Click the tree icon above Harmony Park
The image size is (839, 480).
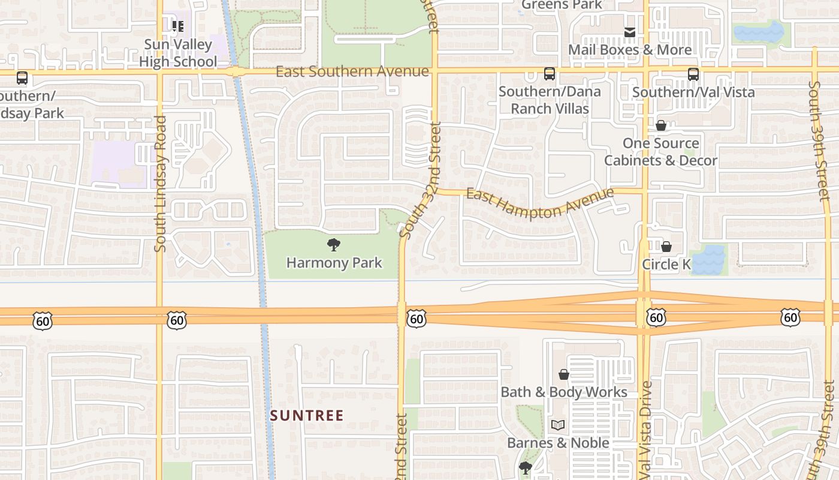[334, 245]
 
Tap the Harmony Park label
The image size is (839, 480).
[334, 263]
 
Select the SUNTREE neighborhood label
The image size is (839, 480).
[307, 416]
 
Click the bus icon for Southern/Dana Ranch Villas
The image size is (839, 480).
[549, 74]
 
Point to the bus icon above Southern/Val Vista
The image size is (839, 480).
[693, 74]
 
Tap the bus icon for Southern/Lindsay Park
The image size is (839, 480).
[22, 78]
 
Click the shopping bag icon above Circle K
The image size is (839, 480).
[666, 247]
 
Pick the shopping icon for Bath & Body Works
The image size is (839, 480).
[564, 374]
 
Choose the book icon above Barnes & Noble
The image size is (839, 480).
[558, 425]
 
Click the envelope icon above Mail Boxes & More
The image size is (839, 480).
[630, 32]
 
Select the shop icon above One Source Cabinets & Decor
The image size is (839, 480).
[660, 125]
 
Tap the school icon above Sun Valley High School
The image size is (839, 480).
[178, 26]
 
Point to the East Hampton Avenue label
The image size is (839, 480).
[541, 203]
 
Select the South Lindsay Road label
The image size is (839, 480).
[160, 183]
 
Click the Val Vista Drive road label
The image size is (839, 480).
[646, 429]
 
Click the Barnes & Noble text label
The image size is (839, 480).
[558, 443]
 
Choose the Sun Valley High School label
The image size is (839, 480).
[178, 53]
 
